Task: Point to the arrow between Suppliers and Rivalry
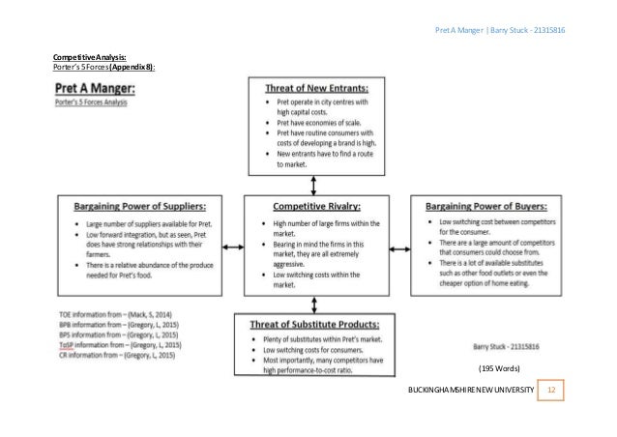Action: pos(238,244)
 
